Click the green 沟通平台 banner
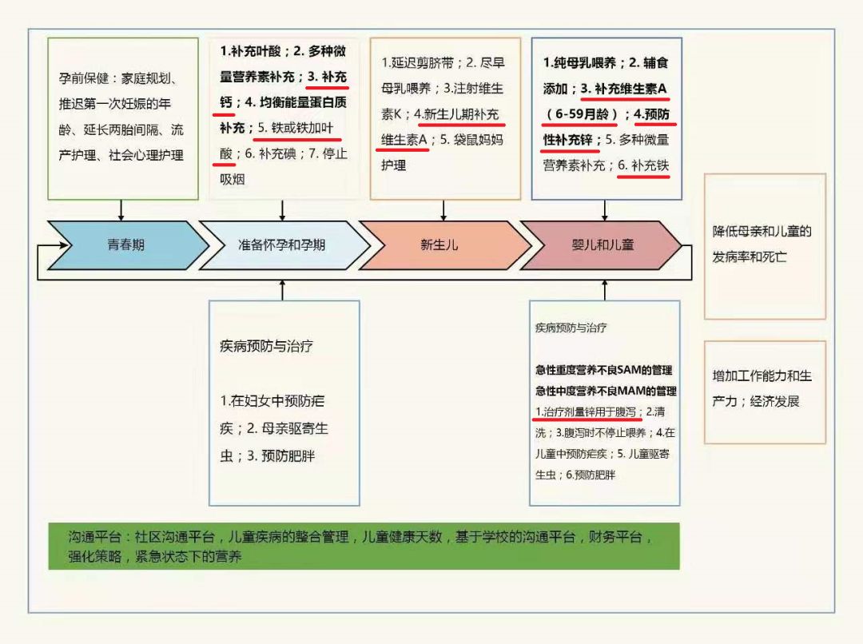tap(364, 547)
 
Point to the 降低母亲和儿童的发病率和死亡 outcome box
tap(764, 245)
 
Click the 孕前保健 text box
tap(122, 117)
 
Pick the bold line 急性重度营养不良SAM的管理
tap(604, 370)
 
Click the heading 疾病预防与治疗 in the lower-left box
tap(265, 347)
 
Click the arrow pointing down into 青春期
tap(121, 210)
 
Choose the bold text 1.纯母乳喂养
tap(579, 62)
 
